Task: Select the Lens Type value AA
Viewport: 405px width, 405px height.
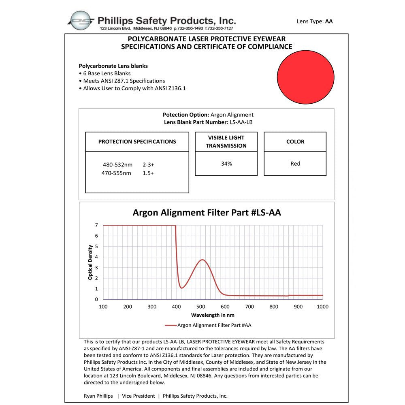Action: point(328,21)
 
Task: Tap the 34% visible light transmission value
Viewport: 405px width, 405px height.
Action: point(226,164)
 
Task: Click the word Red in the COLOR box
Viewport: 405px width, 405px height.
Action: point(295,164)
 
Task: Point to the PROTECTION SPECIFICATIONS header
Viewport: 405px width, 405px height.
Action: point(137,142)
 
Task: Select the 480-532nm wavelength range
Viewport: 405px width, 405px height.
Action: point(118,165)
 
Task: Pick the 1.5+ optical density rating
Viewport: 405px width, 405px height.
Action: point(148,173)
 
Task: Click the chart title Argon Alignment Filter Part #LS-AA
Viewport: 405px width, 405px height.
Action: point(207,213)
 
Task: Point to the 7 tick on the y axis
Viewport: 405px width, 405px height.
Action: point(96,225)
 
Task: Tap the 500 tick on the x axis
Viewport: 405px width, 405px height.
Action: point(201,307)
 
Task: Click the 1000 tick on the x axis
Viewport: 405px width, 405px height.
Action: point(322,307)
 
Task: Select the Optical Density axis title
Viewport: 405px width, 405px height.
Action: point(90,262)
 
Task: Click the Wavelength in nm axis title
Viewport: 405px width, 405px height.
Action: point(213,315)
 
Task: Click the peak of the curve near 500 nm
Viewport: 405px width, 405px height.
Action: point(202,260)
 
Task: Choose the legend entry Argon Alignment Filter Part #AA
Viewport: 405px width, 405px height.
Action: point(214,325)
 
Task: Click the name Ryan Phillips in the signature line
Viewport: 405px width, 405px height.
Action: point(98,396)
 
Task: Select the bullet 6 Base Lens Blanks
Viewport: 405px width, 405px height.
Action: point(107,73)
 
